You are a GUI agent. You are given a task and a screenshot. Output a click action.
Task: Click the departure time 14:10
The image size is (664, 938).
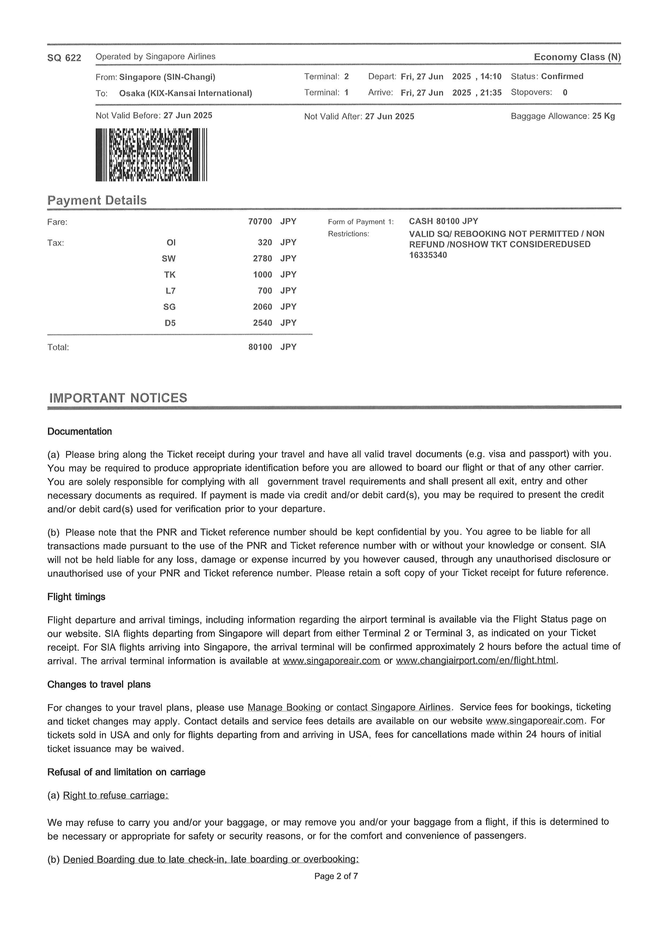[491, 77]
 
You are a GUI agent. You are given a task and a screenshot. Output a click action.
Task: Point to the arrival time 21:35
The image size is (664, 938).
[491, 93]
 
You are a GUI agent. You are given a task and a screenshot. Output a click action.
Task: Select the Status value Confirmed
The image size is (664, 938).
[562, 76]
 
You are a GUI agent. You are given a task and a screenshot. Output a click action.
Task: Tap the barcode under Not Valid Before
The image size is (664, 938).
[151, 155]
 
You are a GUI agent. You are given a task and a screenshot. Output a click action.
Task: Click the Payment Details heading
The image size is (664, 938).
[97, 200]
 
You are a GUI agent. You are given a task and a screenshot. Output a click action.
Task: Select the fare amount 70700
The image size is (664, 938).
[260, 221]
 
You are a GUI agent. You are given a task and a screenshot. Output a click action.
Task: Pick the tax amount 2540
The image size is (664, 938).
[262, 323]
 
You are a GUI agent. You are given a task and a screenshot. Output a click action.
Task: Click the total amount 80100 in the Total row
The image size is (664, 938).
[260, 347]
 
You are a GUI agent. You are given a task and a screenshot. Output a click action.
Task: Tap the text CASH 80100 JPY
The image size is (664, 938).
[443, 221]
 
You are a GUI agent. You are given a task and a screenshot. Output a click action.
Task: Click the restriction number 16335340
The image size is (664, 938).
[428, 255]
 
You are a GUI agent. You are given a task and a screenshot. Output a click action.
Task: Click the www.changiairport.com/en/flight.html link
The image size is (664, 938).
[476, 661]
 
